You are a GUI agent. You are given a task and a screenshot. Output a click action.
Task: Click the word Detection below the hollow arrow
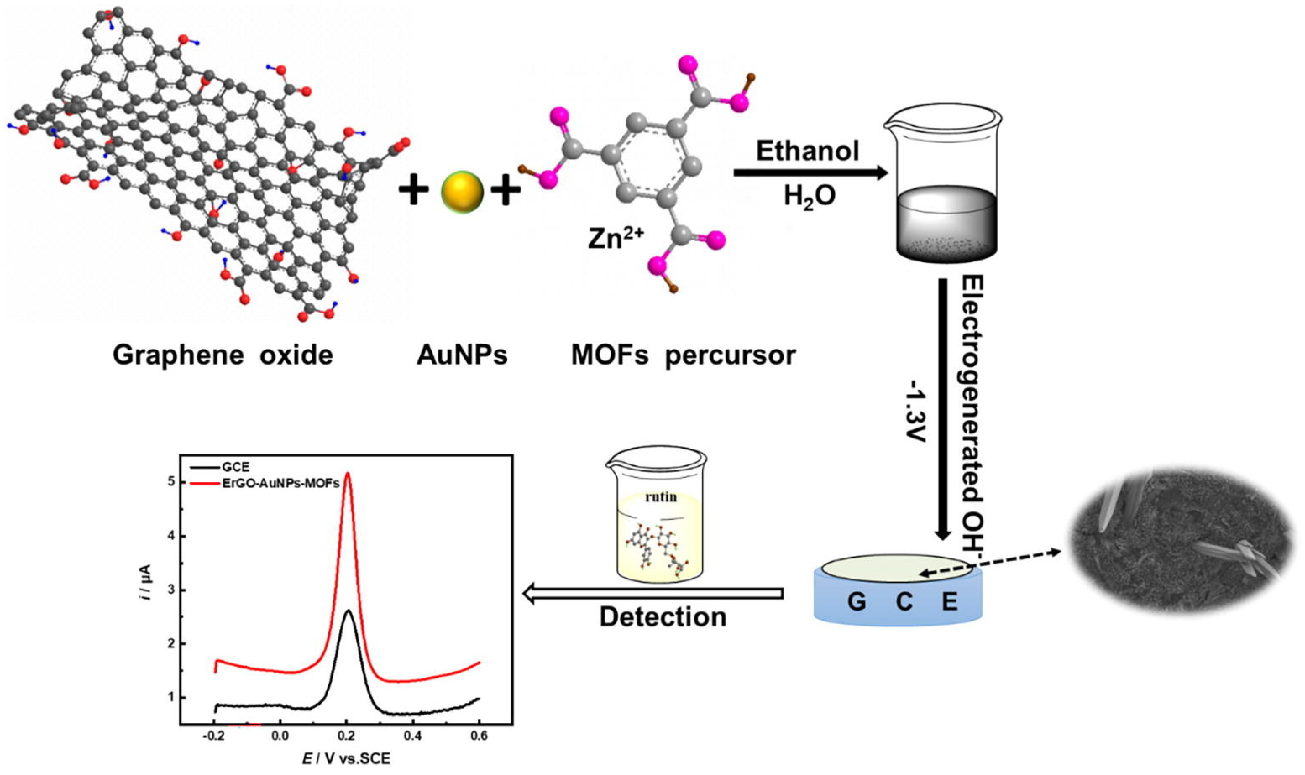(663, 617)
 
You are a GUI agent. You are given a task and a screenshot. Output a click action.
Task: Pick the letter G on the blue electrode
(857, 602)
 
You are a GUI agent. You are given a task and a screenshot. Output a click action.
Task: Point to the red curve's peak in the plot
(348, 474)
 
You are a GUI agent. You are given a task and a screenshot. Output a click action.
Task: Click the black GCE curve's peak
(348, 611)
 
